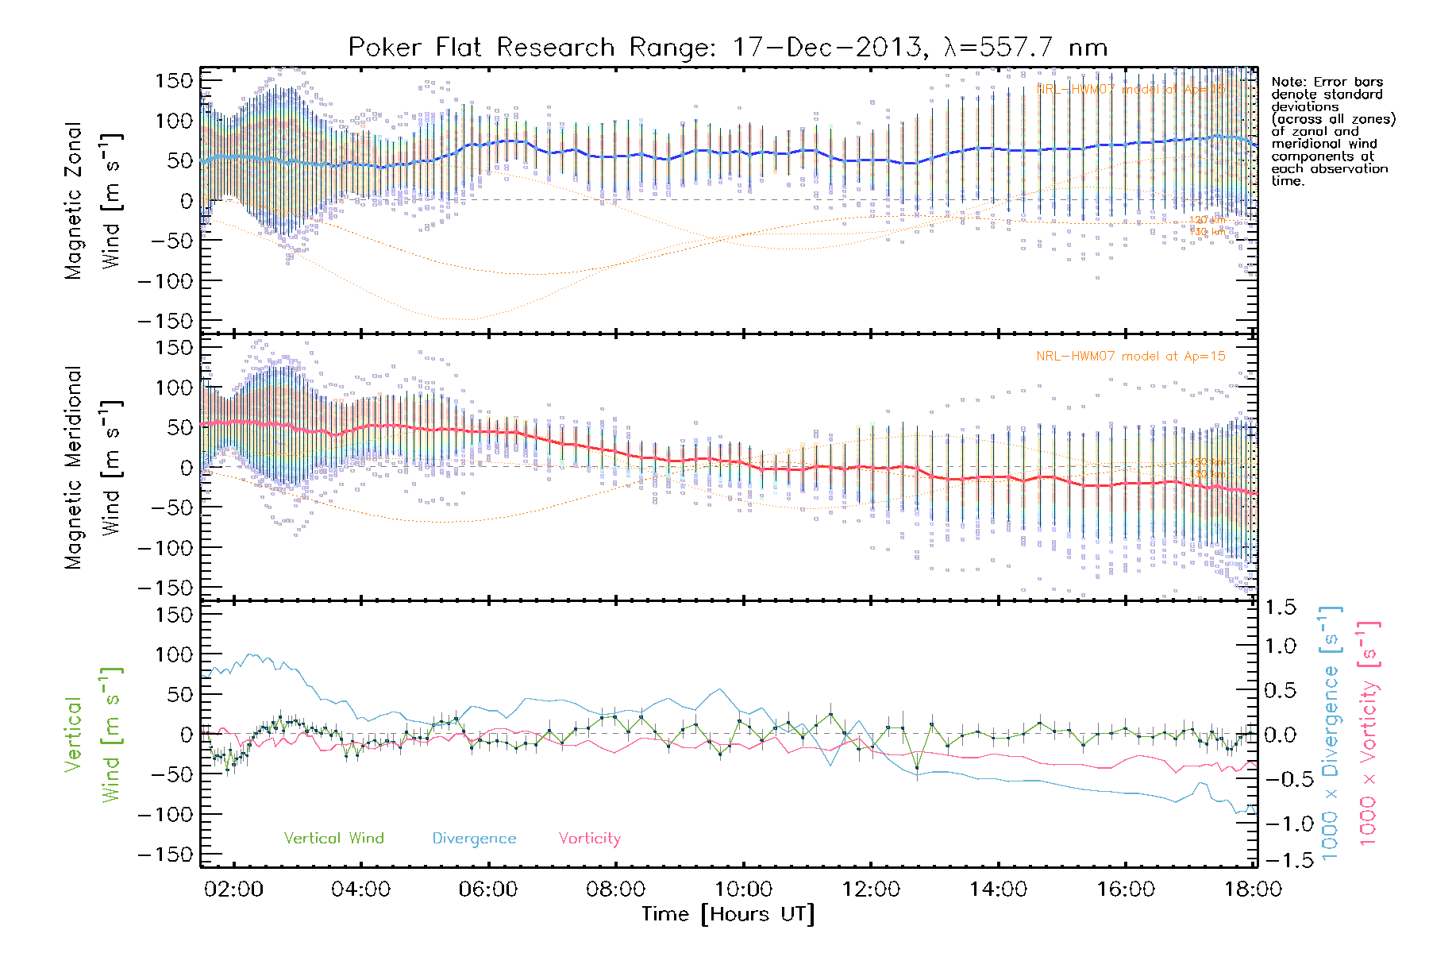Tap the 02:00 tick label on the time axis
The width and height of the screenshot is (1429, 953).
pyautogui.click(x=233, y=889)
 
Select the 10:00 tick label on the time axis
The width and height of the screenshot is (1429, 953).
pyautogui.click(x=743, y=889)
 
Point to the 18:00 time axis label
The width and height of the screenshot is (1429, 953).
pyautogui.click(x=1252, y=889)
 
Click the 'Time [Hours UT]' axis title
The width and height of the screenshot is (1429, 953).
pyautogui.click(x=728, y=914)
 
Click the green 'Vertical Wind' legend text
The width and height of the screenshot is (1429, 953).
pyautogui.click(x=333, y=838)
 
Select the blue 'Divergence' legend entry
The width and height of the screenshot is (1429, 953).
pyautogui.click(x=474, y=838)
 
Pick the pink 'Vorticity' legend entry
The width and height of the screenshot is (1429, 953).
pyautogui.click(x=589, y=838)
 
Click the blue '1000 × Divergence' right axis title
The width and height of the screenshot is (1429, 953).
pyautogui.click(x=1330, y=734)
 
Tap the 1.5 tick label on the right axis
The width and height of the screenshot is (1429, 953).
pyautogui.click(x=1280, y=608)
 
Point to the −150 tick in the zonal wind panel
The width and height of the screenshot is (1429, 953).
pyautogui.click(x=165, y=321)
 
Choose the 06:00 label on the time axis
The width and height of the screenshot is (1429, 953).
pyautogui.click(x=487, y=889)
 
